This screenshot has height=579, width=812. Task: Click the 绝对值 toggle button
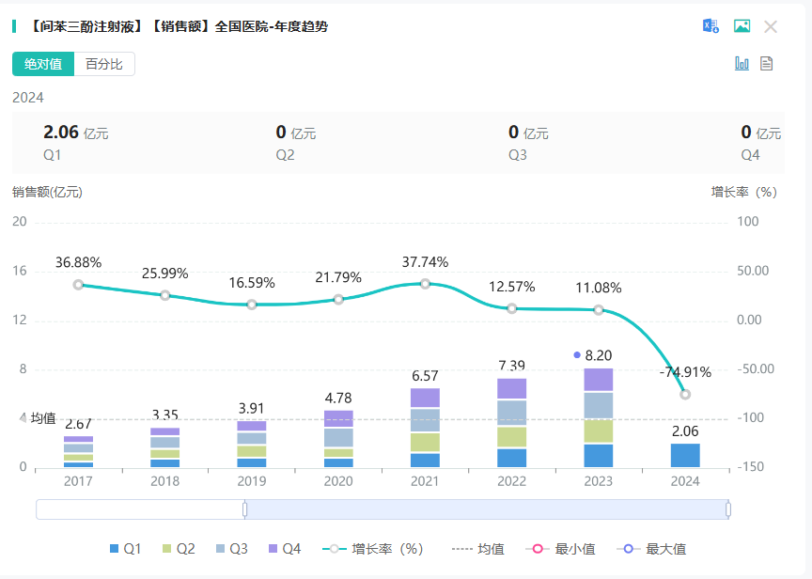[x=43, y=64]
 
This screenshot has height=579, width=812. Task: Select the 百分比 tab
[x=104, y=64]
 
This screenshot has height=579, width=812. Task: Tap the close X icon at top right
[x=771, y=26]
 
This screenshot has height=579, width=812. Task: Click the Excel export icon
[x=710, y=26]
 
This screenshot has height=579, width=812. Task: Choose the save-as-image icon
[x=742, y=26]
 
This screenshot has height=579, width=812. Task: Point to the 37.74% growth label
[x=425, y=262]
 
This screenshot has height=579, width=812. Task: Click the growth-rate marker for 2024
[x=685, y=394]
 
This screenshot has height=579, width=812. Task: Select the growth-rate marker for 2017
[x=78, y=284]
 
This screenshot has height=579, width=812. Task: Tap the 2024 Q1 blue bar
[x=685, y=455]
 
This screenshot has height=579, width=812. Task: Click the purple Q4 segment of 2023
[x=599, y=380]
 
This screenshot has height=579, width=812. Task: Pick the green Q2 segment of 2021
[x=425, y=442]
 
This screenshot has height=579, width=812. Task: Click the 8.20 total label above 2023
[x=599, y=355]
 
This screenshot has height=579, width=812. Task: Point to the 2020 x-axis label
[x=338, y=480]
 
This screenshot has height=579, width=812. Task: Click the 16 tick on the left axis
[x=19, y=271]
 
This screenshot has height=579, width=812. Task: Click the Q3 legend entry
[x=231, y=549]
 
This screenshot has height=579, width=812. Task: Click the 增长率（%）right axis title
[x=743, y=192]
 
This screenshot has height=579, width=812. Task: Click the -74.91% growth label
[x=685, y=371]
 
